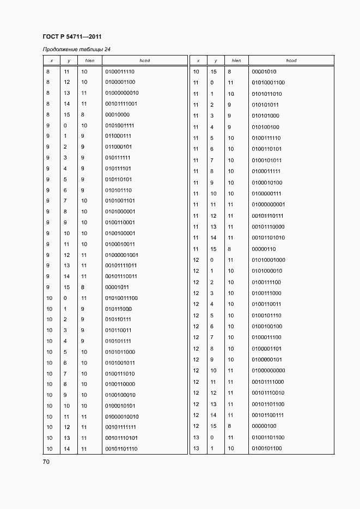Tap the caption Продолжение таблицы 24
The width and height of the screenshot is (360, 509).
tap(76, 50)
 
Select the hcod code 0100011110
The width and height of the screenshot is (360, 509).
tap(119, 71)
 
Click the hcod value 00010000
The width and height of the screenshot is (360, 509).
tap(116, 114)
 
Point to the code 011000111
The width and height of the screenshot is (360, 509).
tap(118, 136)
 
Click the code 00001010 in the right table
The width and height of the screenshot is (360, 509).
tap(264, 71)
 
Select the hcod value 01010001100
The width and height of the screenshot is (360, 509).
tap(269, 83)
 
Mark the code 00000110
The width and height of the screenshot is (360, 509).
tap(264, 249)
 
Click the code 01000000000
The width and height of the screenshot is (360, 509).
tap(269, 371)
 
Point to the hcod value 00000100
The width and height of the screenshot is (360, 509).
tap(264, 426)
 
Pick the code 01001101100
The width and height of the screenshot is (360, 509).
tap(269, 437)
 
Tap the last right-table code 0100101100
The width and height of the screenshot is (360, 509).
tap(267, 449)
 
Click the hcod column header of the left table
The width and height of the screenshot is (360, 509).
tap(145, 60)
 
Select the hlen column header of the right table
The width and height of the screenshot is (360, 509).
tap(236, 60)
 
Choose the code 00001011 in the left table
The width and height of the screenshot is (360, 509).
tap(116, 287)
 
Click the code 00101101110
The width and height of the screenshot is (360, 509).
tap(121, 449)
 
